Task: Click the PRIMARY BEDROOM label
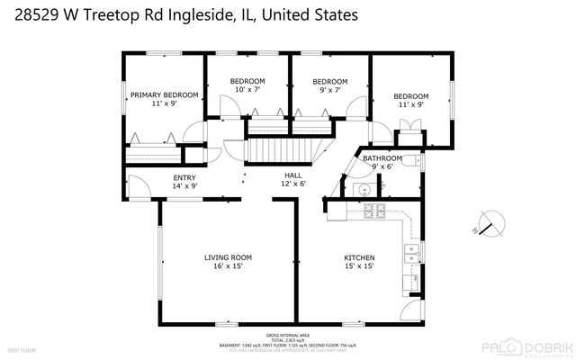tap(164, 94)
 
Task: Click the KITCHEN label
tap(359, 257)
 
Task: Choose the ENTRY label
tap(184, 177)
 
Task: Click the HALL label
tap(293, 176)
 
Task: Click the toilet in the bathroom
tap(410, 161)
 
